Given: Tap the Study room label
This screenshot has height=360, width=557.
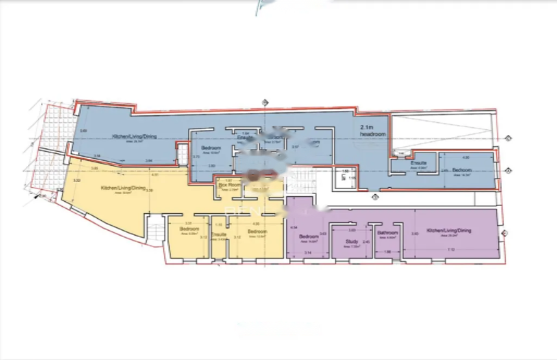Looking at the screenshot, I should point(351,242).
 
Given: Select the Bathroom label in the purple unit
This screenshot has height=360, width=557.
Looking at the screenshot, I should point(387,233).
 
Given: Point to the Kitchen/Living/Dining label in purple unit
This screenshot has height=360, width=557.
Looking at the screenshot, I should point(449,231).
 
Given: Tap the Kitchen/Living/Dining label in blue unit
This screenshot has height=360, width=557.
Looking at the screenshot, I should point(134,136).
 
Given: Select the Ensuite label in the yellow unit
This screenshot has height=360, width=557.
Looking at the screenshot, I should point(219,234).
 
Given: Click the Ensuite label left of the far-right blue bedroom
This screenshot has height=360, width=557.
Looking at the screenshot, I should point(418,163).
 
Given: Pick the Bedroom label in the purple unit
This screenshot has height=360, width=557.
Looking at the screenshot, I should point(309,237).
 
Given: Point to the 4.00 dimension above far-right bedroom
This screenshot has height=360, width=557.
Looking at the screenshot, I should point(465,157).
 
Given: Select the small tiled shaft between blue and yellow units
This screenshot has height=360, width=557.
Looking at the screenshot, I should point(183,154).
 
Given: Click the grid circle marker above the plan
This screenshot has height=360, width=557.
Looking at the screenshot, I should point(265,102).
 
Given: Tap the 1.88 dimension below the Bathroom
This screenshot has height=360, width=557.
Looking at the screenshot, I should point(388,252).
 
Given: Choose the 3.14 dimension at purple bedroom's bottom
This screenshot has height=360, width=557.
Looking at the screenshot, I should point(307,253).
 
